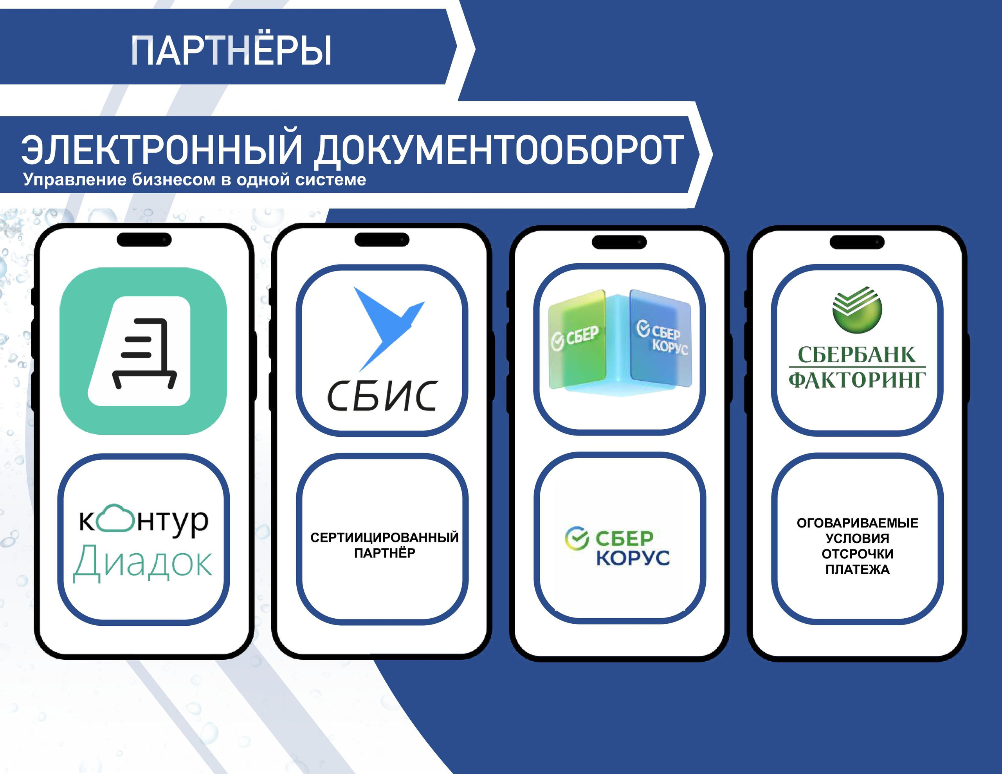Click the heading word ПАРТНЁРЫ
pyautogui.click(x=231, y=50)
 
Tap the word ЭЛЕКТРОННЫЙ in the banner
pyautogui.click(x=162, y=149)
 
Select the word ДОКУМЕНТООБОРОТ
pyautogui.click(x=499, y=150)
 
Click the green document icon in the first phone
pyautogui.click(x=143, y=351)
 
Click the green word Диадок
pyautogui.click(x=143, y=563)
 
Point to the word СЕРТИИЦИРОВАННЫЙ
pyautogui.click(x=384, y=537)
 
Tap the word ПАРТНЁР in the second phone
pyautogui.click(x=384, y=553)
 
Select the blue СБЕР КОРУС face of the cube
pyautogui.click(x=661, y=338)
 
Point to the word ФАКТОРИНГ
pyautogui.click(x=857, y=380)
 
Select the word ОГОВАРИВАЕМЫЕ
pyautogui.click(x=858, y=523)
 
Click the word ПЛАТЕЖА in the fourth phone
pyautogui.click(x=858, y=570)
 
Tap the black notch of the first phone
pyautogui.click(x=144, y=239)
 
